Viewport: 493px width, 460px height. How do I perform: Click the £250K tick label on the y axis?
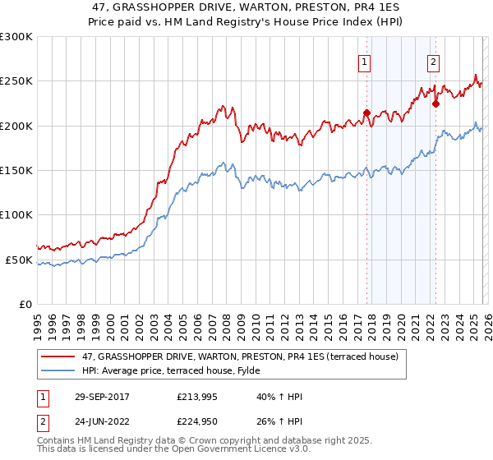(x=16, y=81)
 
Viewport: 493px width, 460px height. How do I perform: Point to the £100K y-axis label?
(x=16, y=215)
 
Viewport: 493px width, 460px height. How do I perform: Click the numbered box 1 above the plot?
(x=363, y=60)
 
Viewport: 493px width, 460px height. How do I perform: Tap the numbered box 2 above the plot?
(x=432, y=60)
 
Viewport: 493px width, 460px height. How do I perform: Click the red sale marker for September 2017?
(x=366, y=113)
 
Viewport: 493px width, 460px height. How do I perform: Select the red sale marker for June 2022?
(x=435, y=103)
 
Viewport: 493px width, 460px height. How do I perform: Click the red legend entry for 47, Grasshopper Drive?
(x=240, y=356)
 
